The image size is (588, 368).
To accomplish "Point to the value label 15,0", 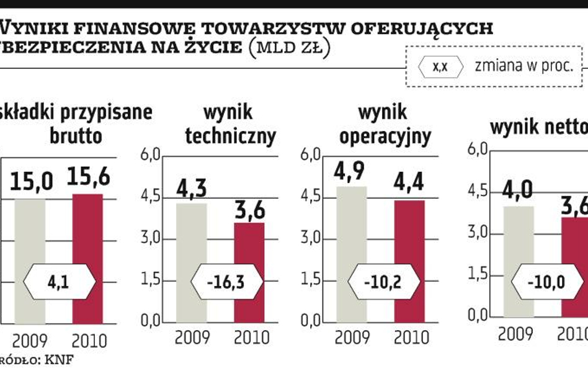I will tap(31, 181).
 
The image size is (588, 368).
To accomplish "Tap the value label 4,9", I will tap(350, 169).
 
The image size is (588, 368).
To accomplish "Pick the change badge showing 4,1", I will tap(60, 282).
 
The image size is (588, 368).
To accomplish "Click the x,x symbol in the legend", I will tap(440, 66).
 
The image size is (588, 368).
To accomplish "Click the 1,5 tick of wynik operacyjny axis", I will tap(312, 280).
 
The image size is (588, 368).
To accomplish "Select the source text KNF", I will tap(61, 360).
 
